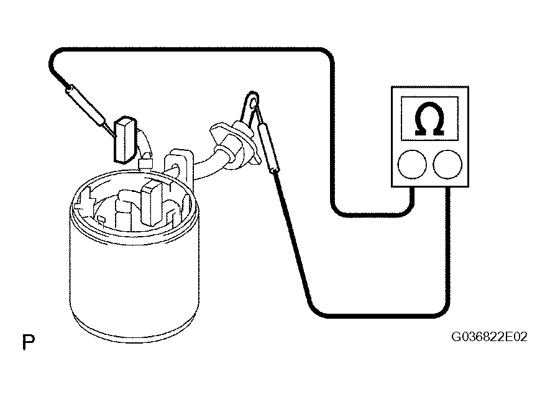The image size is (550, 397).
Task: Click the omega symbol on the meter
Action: tap(429, 119)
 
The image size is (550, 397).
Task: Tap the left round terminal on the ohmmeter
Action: tap(412, 164)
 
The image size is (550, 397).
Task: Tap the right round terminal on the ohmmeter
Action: tap(447, 164)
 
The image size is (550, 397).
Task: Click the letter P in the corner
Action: tap(28, 342)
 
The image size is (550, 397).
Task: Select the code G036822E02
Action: tap(489, 337)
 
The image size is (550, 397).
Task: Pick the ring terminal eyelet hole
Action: tap(253, 102)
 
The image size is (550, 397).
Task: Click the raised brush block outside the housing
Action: tap(124, 140)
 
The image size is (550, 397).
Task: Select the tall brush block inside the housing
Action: tap(152, 203)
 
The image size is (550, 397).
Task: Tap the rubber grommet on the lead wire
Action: tap(234, 144)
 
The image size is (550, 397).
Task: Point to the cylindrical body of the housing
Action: tap(134, 277)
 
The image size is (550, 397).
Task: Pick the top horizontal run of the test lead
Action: tap(192, 50)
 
